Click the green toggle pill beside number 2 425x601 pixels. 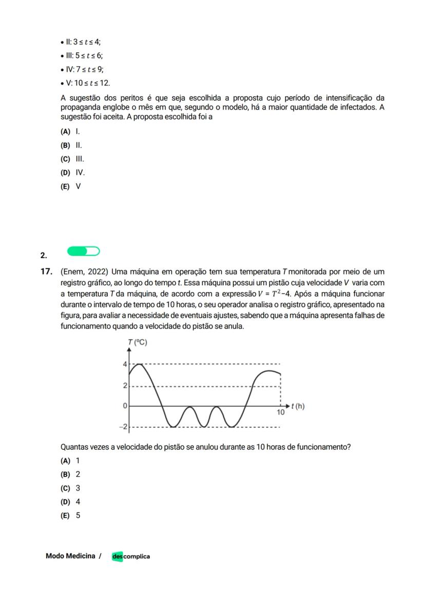[x=83, y=251]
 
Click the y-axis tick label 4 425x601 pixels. [x=124, y=365]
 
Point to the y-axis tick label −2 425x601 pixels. [x=123, y=427]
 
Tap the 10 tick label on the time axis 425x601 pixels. [x=281, y=412]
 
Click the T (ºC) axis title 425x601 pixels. [x=138, y=343]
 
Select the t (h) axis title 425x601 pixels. [x=298, y=406]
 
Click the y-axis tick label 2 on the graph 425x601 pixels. [x=124, y=386]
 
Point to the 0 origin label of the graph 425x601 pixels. [x=124, y=406]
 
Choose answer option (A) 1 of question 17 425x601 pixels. [x=70, y=461]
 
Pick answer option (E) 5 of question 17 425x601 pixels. [x=70, y=515]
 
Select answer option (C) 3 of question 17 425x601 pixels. [x=70, y=488]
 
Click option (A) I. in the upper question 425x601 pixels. [x=70, y=132]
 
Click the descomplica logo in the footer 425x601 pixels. [x=131, y=556]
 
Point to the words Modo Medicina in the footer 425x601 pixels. [x=70, y=556]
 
